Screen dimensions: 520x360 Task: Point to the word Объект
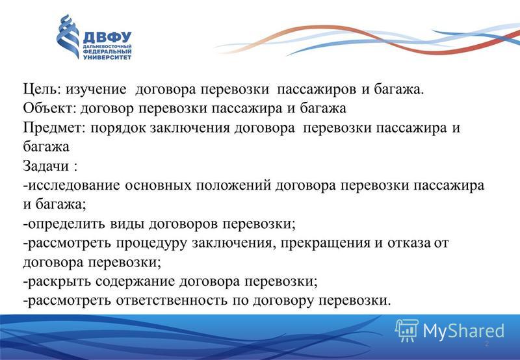pyautogui.click(x=50, y=109)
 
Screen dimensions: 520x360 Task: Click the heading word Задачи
pyautogui.click(x=46, y=166)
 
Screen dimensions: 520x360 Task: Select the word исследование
pyautogui.click(x=73, y=186)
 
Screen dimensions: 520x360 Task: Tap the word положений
pyautogui.click(x=233, y=186)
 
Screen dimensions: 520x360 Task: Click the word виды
pyautogui.click(x=127, y=224)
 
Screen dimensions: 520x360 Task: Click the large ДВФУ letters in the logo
pyautogui.click(x=107, y=37)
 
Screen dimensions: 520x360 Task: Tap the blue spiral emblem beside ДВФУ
pyautogui.click(x=68, y=36)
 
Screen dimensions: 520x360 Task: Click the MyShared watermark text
pyautogui.click(x=463, y=331)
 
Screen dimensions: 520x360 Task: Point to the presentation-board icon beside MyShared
pyautogui.click(x=407, y=330)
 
